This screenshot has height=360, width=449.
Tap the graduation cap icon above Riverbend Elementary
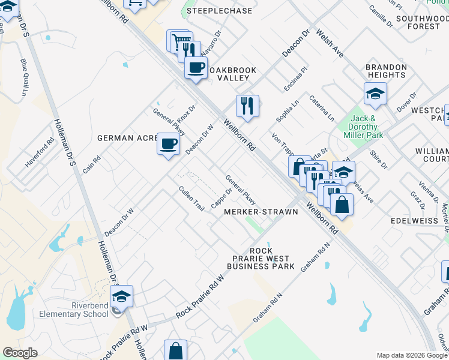tap(121, 296)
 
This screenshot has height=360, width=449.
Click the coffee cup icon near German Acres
tap(168, 144)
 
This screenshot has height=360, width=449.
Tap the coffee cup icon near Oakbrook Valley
tap(196, 67)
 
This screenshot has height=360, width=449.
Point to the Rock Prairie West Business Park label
tap(261, 259)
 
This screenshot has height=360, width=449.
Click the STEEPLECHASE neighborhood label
tap(220, 11)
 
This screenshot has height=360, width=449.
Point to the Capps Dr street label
tap(222, 199)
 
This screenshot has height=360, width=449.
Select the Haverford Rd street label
tap(40, 154)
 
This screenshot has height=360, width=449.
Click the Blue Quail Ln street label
tap(24, 77)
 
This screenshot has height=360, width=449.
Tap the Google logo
tap(20, 352)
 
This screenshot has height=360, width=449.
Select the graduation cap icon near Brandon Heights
tap(375, 94)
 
